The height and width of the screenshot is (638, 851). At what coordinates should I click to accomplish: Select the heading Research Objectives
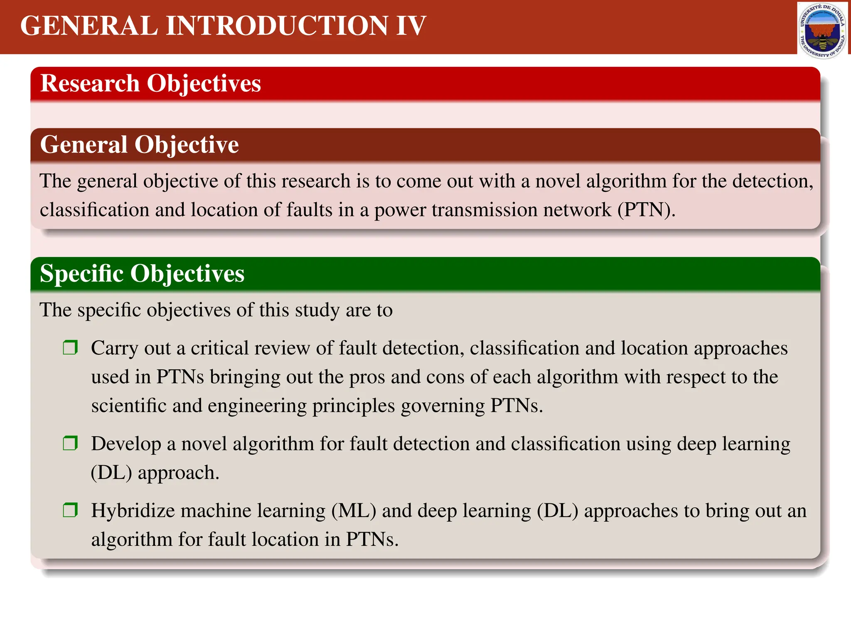point(150,83)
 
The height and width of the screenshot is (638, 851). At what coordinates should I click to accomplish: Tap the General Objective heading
point(139,145)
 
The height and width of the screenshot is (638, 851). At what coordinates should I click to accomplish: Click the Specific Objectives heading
point(142,273)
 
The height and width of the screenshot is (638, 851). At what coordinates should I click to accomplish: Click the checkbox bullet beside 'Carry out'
point(70,347)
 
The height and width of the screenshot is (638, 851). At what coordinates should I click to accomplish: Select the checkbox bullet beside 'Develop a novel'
point(70,443)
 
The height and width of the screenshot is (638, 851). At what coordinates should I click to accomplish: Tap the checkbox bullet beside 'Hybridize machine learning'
point(70,510)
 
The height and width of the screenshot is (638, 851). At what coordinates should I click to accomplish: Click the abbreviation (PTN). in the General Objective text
point(646,210)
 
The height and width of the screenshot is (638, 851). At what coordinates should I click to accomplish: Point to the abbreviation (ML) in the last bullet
point(354,510)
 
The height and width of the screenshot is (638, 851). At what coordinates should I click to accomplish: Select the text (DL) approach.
point(155,473)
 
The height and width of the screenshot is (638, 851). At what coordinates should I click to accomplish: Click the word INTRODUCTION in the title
point(277,26)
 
